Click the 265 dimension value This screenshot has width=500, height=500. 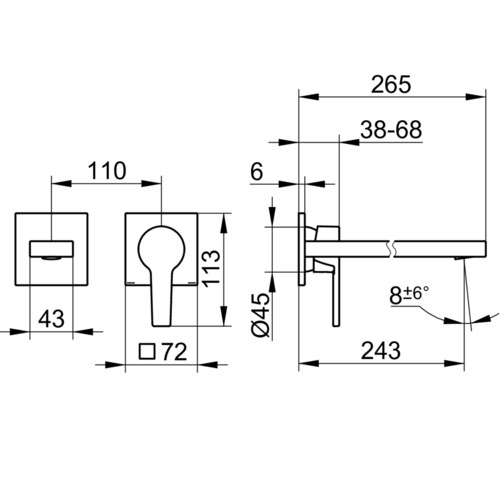(391, 84)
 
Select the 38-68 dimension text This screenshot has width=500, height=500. (391, 130)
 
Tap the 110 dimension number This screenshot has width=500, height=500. (107, 171)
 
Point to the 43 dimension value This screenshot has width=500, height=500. (51, 319)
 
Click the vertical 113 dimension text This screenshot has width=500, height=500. (211, 269)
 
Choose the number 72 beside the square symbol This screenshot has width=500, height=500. (174, 352)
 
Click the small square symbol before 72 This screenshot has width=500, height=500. (147, 351)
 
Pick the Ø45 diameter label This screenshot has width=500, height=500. (260, 315)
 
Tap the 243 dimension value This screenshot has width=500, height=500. (381, 351)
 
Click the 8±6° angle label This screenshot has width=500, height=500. (409, 294)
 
